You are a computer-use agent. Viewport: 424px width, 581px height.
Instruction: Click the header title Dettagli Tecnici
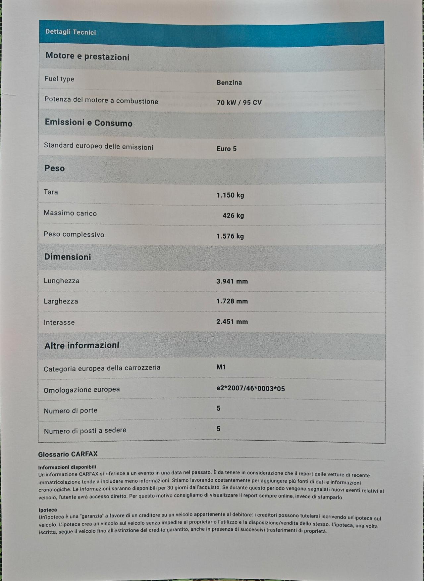tap(71, 32)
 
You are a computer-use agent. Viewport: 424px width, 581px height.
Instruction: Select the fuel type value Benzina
tap(229, 82)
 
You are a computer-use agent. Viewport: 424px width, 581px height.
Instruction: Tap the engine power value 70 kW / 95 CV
tap(239, 103)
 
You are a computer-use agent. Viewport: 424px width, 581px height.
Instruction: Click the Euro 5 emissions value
tap(227, 149)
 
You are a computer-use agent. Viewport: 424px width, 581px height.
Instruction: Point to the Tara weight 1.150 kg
tap(230, 195)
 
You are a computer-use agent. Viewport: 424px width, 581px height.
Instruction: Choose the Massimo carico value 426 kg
tap(233, 216)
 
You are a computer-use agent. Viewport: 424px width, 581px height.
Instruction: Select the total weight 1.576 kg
tap(230, 236)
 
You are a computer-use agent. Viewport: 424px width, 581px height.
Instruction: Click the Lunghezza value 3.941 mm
tap(232, 281)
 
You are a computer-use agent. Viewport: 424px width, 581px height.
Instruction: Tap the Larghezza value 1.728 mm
tap(232, 301)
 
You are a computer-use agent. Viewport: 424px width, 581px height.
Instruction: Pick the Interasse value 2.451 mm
tap(232, 321)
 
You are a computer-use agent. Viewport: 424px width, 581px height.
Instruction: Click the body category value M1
tap(221, 367)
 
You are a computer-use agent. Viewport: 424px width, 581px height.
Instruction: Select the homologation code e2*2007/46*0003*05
tap(251, 388)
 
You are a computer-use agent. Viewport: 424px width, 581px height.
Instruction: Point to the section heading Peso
tap(55, 168)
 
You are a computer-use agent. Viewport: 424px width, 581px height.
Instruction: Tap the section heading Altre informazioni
tap(82, 345)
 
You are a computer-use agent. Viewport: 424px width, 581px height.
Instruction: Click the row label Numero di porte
tap(71, 411)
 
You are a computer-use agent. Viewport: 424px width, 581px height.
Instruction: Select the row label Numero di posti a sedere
tap(85, 430)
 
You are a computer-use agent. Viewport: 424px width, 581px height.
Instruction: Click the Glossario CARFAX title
tap(68, 454)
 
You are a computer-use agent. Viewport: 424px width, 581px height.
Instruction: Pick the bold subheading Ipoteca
tap(48, 510)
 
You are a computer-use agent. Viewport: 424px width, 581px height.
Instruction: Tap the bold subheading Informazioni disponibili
tap(67, 467)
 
